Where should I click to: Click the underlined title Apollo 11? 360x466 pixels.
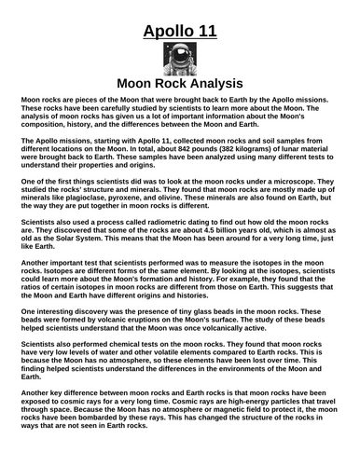180,34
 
